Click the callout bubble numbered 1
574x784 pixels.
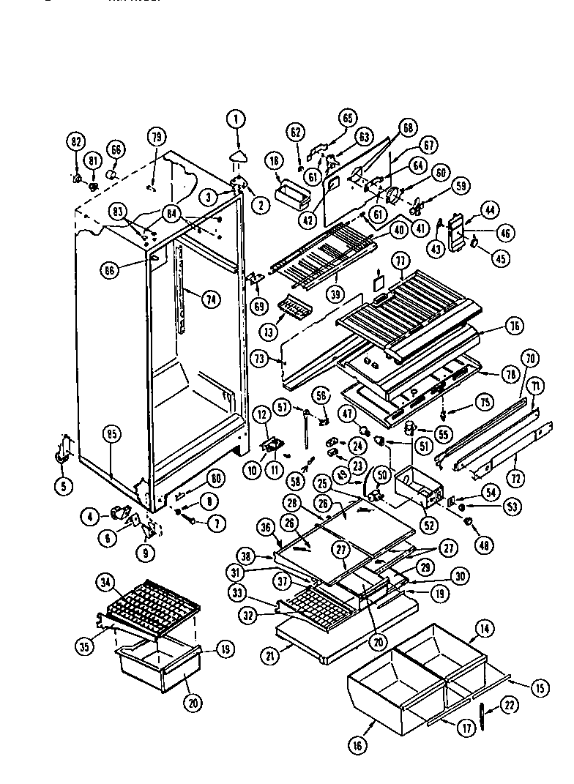pos(236,118)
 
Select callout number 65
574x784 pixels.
pos(347,117)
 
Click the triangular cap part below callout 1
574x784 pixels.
pos(237,154)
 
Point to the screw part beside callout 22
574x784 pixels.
pos(484,717)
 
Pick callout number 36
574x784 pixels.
pos(266,526)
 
